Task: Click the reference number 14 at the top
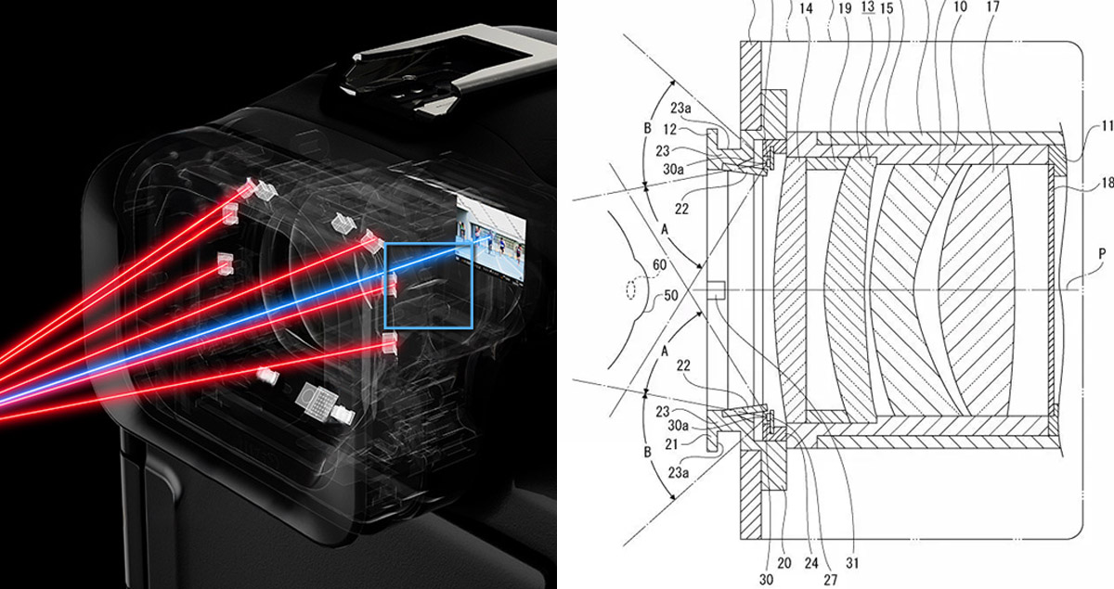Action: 806,8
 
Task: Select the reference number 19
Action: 845,8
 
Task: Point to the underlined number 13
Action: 868,6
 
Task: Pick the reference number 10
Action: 960,6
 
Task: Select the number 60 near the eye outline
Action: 659,265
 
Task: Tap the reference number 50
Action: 671,295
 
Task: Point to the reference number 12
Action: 670,130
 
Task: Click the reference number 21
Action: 671,444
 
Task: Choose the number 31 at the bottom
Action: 852,563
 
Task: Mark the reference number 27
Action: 831,580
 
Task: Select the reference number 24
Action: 811,563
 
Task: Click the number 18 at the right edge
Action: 1108,183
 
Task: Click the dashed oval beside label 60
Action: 630,290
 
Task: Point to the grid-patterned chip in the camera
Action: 317,400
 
